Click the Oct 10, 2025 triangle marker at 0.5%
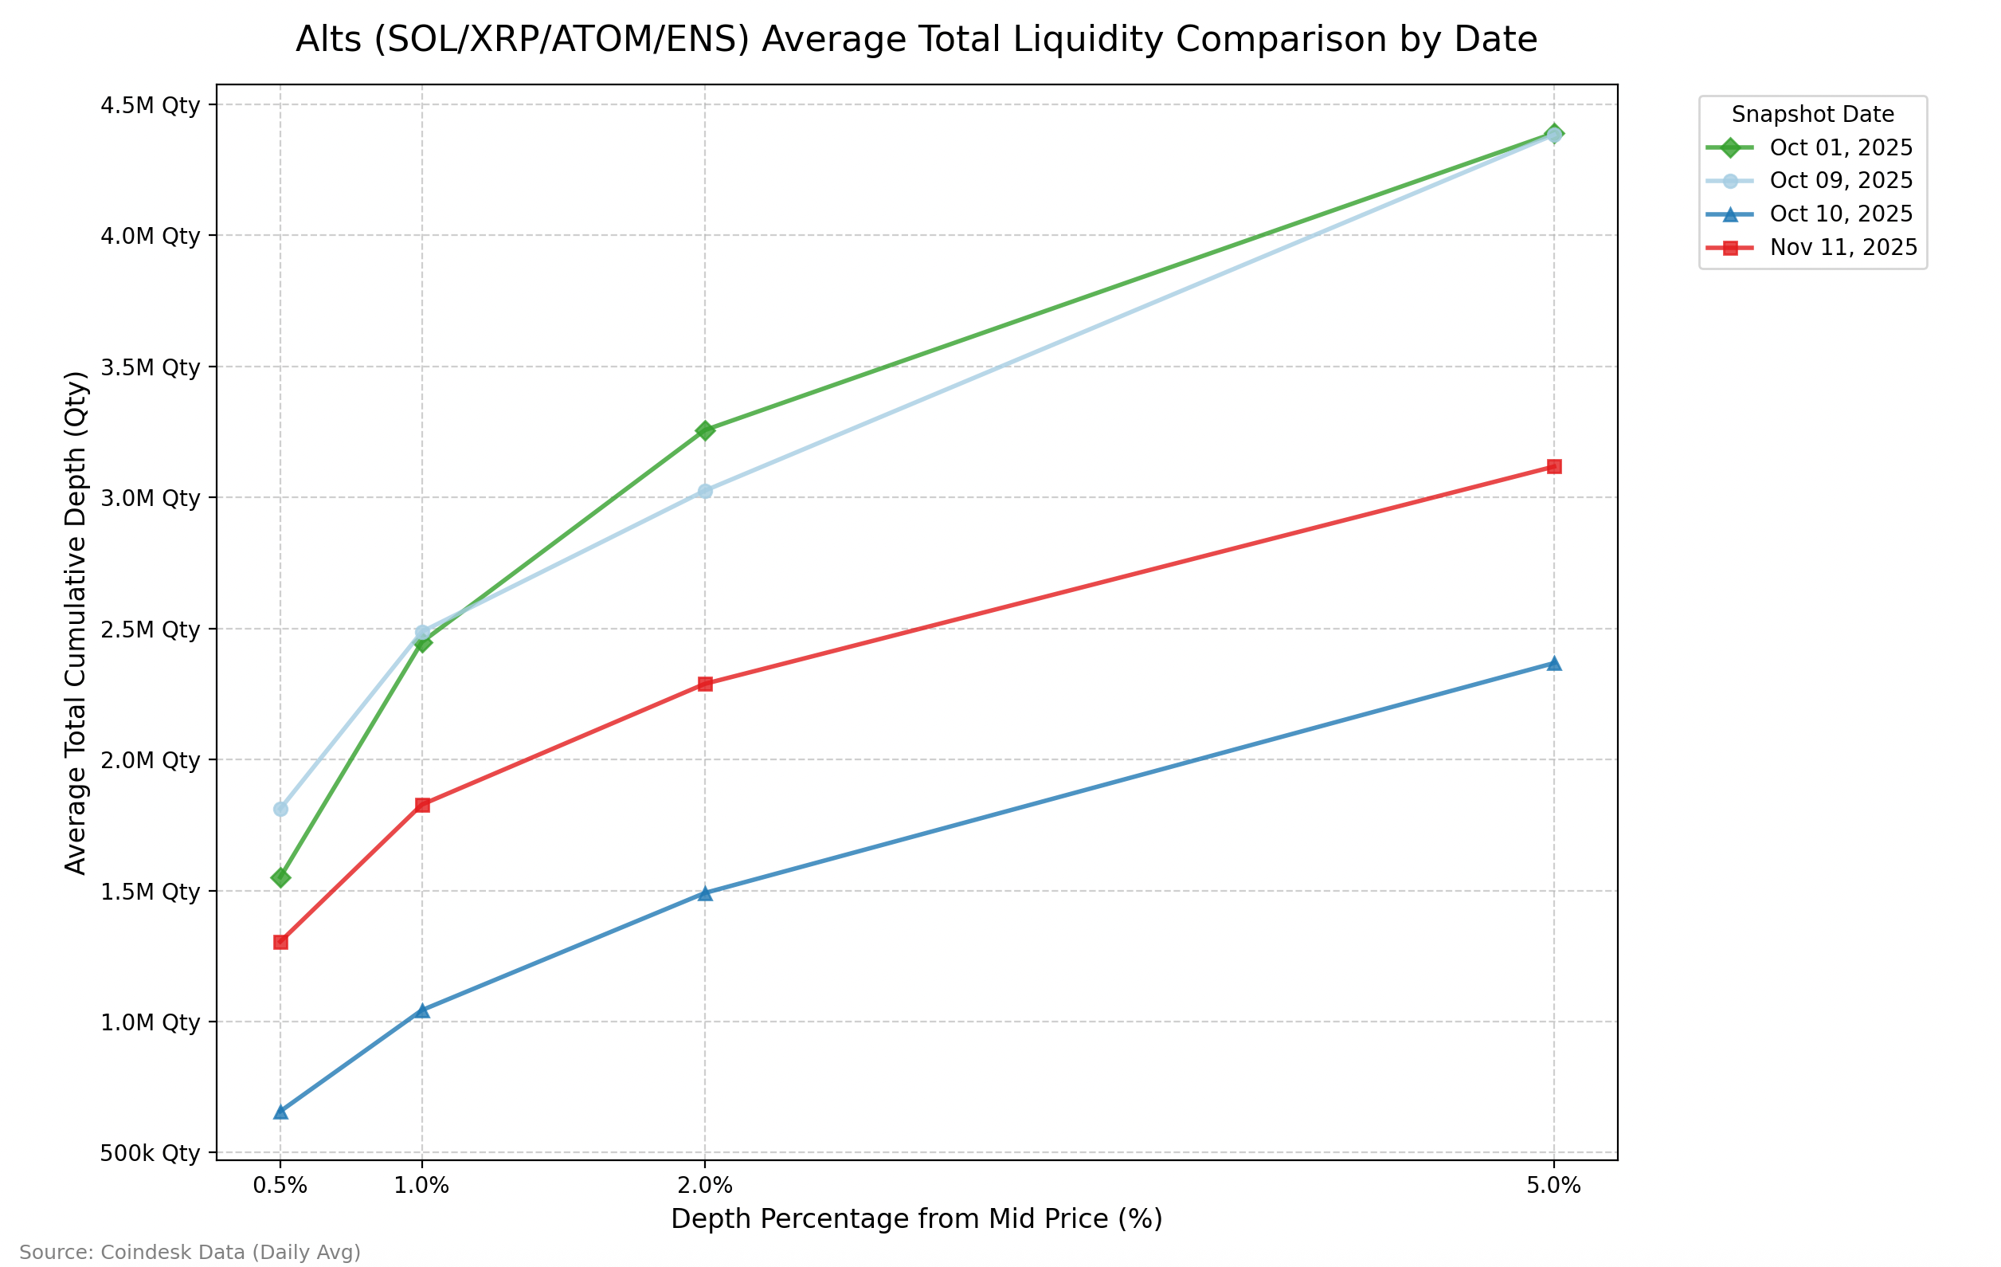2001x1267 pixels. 281,1112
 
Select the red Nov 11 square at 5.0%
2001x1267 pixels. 1554,466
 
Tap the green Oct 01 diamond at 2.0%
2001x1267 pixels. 705,430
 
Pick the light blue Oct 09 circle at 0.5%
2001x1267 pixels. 281,809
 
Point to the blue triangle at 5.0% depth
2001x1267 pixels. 1554,664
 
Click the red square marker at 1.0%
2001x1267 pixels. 422,805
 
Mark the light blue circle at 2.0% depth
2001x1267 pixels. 705,492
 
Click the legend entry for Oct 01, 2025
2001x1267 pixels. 1841,148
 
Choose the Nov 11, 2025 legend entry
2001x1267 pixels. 1843,248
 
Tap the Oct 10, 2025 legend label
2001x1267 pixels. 1841,214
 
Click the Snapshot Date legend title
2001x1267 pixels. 1812,115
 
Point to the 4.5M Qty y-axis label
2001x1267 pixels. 151,105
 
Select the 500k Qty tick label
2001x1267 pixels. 151,1153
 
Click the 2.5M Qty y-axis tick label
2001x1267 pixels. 151,630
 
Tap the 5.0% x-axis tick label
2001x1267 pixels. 1553,1186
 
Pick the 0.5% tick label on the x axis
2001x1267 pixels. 280,1186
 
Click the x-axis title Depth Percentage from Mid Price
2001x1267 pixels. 917,1218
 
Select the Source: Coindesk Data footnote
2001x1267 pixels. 190,1252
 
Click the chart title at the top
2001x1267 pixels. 917,39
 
